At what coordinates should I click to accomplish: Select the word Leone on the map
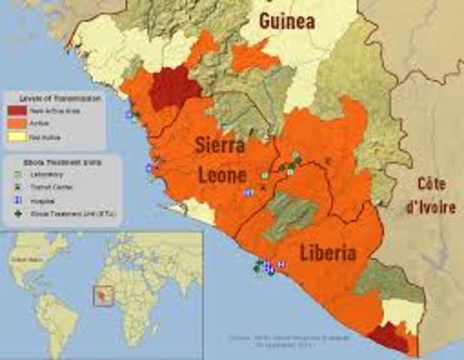click(222, 175)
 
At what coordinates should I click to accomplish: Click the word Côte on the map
click(433, 184)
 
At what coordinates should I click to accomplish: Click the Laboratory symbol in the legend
click(17, 173)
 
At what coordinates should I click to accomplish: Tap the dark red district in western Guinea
click(175, 89)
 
